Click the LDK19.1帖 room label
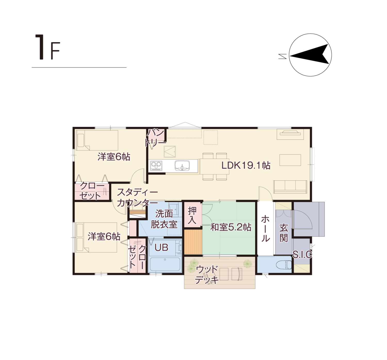click(246, 165)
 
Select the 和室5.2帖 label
click(231, 227)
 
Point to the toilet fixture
click(284, 265)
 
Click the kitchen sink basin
click(182, 166)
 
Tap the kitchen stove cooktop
click(156, 166)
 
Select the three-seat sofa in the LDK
click(290, 187)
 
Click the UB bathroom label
click(161, 247)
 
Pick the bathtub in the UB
click(165, 265)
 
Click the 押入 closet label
click(192, 215)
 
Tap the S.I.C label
click(302, 254)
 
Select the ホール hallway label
click(265, 229)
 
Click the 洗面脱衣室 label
click(164, 219)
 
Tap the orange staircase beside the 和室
click(193, 242)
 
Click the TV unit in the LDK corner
click(290, 134)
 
